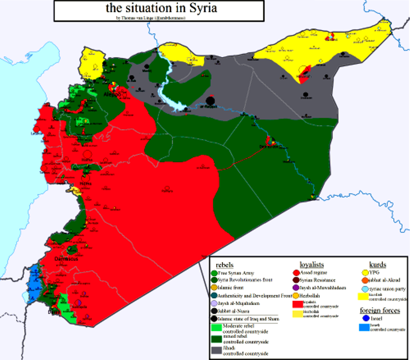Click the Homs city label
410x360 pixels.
[86, 184]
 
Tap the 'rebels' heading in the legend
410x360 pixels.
[224, 264]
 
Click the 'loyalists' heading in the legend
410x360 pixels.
[312, 264]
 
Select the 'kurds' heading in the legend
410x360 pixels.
[378, 264]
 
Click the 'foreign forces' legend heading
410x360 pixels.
[380, 310]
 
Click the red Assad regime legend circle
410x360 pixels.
[296, 272]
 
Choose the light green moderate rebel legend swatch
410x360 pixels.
[216, 328]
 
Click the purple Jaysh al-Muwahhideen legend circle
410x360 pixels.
[296, 288]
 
